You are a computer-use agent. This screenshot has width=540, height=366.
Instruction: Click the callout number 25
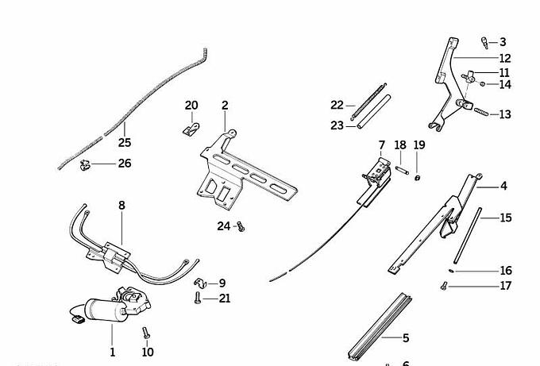coord(124,143)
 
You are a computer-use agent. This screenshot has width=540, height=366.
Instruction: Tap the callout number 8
coord(121,206)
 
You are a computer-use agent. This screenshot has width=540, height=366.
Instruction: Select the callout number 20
coord(191,106)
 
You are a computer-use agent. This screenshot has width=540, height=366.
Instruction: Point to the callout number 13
coord(505,114)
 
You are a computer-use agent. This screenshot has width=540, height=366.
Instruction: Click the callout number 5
coord(405,338)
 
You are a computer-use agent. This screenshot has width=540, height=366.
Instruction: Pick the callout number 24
coord(223,226)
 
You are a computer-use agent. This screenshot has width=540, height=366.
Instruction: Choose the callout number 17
coord(506,286)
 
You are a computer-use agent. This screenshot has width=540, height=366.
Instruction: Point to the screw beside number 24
coord(241,227)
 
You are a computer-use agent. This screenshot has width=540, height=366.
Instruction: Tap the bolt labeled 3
coord(484,41)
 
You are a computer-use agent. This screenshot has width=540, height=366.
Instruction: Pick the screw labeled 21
coord(196,299)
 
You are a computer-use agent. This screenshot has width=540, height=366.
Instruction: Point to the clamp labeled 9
coord(199,283)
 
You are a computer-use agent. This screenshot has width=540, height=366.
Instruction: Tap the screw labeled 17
coord(442,285)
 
